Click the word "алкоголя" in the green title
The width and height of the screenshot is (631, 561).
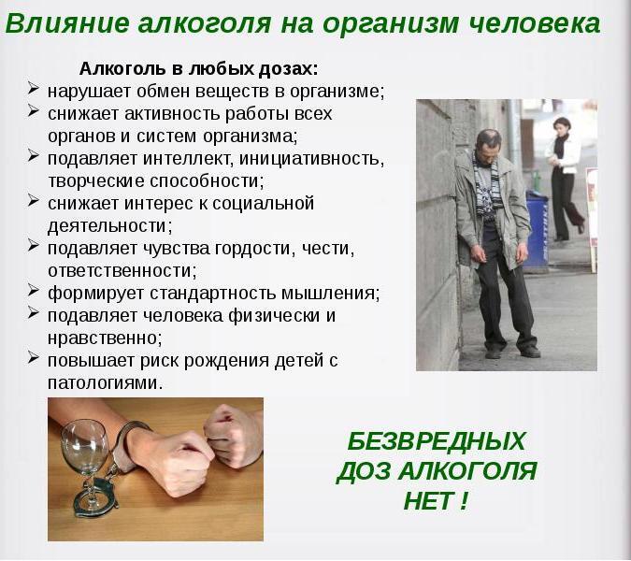[x=205, y=23]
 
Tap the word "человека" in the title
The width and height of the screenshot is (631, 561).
[x=536, y=23]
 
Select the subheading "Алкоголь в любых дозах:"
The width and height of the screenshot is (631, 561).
[x=198, y=69]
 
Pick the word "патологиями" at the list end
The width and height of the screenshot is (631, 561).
[x=105, y=382]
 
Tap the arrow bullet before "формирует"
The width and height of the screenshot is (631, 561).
[x=34, y=290]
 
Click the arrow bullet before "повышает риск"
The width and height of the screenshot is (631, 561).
[x=34, y=357]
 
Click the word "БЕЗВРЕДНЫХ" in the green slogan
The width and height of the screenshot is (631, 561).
[x=437, y=440]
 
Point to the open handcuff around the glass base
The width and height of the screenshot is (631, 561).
[x=95, y=498]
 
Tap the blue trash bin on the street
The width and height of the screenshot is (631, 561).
[x=538, y=230]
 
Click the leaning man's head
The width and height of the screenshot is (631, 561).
[x=489, y=146]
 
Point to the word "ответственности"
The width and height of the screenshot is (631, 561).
[x=122, y=270]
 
